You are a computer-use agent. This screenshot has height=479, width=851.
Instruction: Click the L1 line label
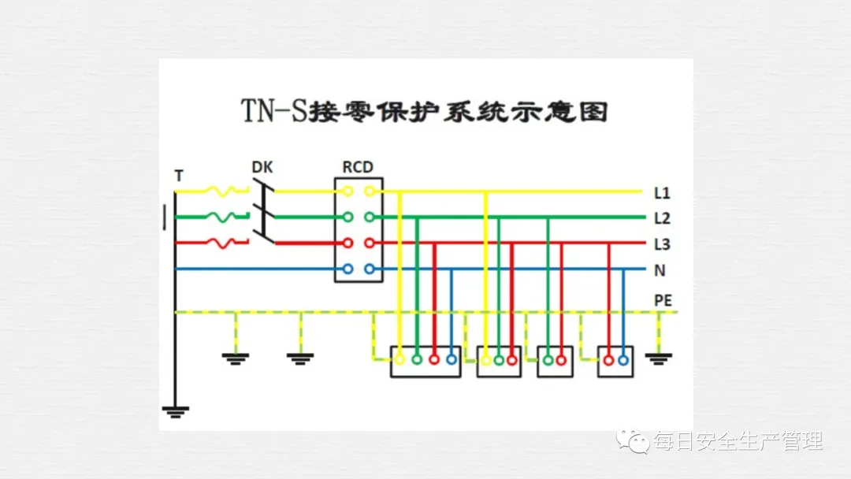[x=662, y=192]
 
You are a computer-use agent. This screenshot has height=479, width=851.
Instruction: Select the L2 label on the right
[x=662, y=217]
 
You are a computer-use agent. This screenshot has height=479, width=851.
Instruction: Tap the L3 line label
[x=662, y=244]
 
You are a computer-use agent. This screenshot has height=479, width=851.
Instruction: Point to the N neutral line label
[x=660, y=270]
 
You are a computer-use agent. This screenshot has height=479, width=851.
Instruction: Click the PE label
[x=663, y=299]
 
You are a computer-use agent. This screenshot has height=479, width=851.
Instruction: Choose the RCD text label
[x=358, y=167]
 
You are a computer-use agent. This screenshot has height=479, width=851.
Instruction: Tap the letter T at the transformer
[x=179, y=176]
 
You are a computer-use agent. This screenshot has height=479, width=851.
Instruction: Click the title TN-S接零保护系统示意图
[x=425, y=113]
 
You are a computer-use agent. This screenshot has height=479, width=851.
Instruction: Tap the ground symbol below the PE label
[x=659, y=358]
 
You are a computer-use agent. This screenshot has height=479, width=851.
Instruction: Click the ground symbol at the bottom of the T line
[x=175, y=410]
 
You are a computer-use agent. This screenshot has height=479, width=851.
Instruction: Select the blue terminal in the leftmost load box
[x=451, y=361]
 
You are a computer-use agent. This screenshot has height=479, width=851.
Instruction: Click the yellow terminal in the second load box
[x=486, y=361]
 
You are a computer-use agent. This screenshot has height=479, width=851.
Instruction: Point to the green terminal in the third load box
[x=548, y=361]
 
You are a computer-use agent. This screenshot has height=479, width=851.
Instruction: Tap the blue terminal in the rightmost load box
[x=623, y=361]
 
